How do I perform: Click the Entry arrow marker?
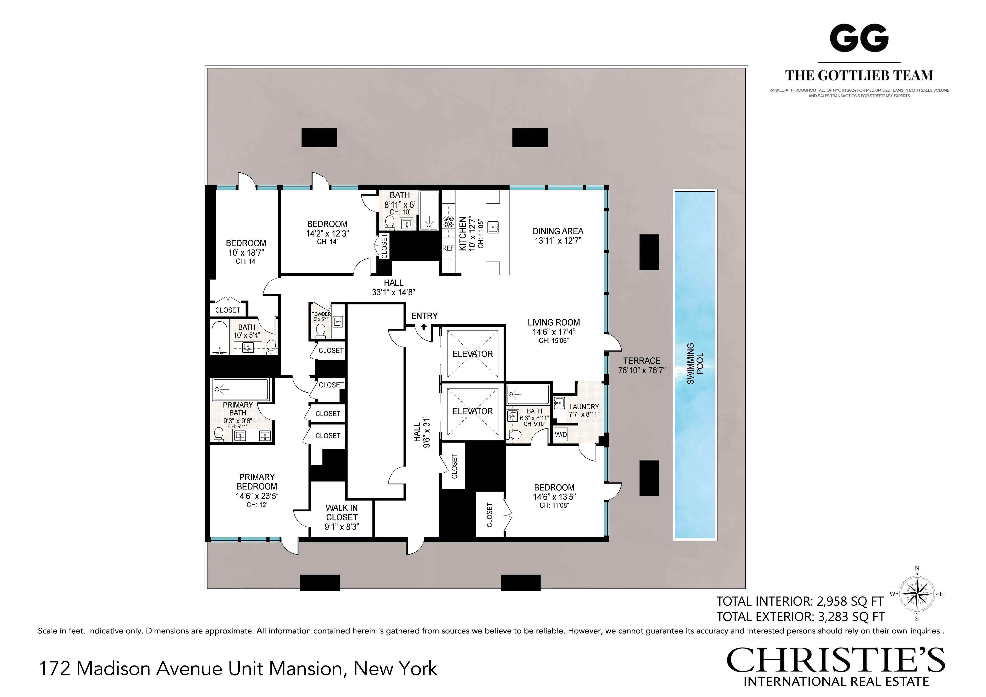[424, 327]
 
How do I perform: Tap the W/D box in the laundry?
[561, 435]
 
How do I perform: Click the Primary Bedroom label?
[257, 481]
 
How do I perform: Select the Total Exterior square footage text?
[800, 617]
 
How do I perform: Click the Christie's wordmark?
[835, 661]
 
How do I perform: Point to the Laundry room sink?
[559, 403]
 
